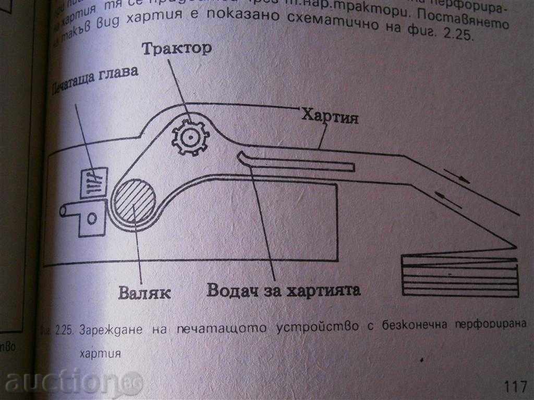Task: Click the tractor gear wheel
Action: click(x=191, y=136)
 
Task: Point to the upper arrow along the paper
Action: click(x=457, y=177)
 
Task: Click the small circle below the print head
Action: click(x=92, y=218)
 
